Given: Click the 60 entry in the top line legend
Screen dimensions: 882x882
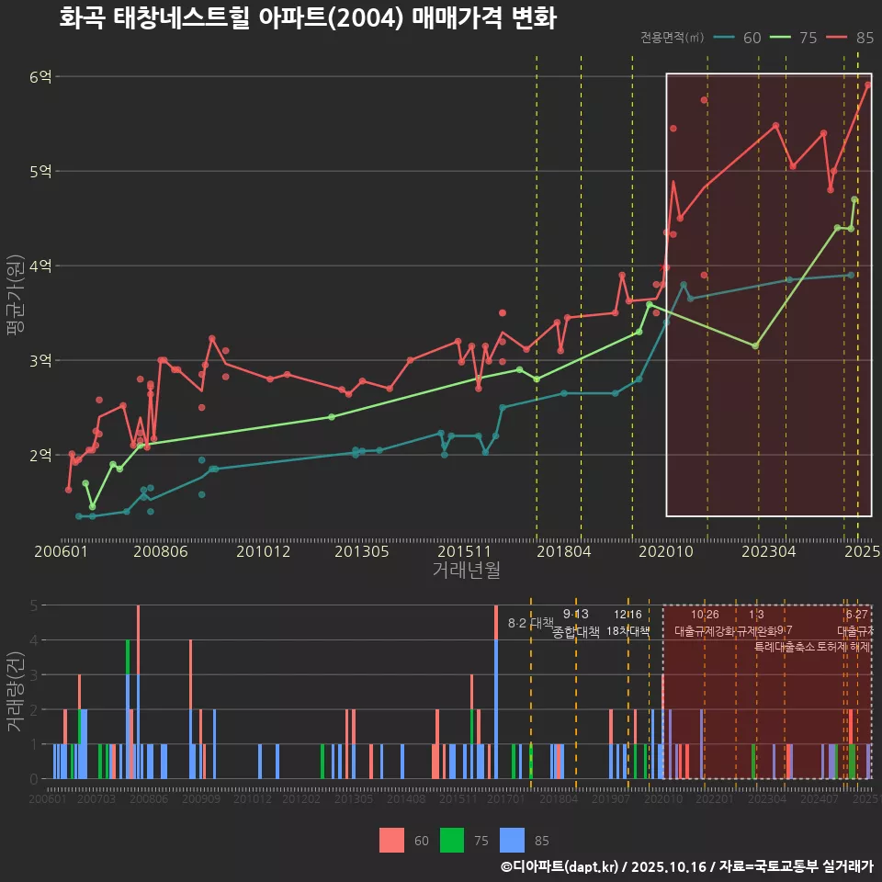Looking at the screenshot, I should [751, 38].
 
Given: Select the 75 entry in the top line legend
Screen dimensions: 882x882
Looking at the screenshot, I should [808, 38].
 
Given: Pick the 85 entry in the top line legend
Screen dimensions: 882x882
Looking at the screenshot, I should [864, 38].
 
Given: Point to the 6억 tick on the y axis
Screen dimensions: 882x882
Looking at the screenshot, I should [40, 76].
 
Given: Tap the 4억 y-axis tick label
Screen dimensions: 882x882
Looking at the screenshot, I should [40, 266].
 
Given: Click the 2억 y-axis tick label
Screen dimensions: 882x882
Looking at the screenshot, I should [40, 455].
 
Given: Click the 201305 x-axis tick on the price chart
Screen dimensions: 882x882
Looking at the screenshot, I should [361, 551].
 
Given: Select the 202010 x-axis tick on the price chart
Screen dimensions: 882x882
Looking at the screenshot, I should [664, 551].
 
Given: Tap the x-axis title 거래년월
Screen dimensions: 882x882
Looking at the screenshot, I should [466, 571].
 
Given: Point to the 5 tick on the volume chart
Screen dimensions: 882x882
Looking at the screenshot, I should [32, 605].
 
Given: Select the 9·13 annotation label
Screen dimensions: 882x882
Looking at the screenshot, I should [576, 614].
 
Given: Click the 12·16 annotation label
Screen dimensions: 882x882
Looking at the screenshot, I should [628, 614].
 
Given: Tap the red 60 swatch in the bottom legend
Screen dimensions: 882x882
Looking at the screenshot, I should [391, 840].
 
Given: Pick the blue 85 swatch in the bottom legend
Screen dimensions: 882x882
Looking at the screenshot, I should [512, 840].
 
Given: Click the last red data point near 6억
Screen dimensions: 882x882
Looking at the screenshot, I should [868, 85].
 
